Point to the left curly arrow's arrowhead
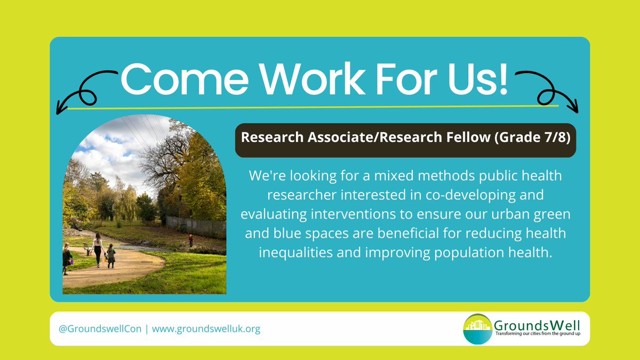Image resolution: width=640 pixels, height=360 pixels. (60, 109)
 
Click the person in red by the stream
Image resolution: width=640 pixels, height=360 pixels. (190, 239)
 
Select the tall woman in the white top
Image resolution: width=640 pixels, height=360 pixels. (98, 248)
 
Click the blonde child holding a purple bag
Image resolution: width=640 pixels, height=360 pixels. (67, 258)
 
